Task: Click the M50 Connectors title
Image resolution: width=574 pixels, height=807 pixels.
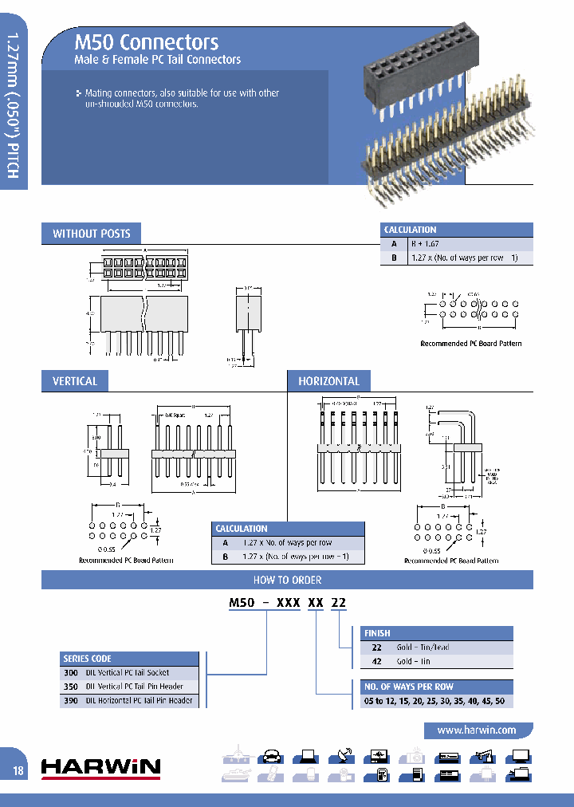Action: click(146, 42)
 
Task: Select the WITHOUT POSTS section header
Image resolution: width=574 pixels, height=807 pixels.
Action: click(91, 234)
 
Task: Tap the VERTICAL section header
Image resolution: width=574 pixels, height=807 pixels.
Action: click(75, 381)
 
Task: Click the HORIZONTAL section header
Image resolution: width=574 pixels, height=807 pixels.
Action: click(328, 381)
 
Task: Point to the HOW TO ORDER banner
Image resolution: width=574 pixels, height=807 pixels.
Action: click(287, 580)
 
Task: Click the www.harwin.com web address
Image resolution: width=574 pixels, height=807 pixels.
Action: click(476, 730)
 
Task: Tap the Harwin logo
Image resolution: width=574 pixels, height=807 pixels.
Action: click(100, 767)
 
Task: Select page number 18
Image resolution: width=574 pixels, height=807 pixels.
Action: click(18, 770)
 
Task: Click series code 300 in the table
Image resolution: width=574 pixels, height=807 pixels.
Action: click(69, 672)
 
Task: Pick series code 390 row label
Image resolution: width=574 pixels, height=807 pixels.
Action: click(69, 700)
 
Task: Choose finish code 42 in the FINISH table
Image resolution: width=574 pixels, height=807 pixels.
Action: click(377, 661)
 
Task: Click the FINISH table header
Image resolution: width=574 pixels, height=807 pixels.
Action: click(378, 633)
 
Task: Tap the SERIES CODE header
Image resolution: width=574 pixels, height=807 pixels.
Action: click(87, 659)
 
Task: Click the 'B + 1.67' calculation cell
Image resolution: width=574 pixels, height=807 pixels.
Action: click(425, 244)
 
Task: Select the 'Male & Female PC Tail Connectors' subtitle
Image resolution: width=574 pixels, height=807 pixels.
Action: click(157, 60)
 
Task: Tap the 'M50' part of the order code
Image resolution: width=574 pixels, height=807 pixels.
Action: click(241, 603)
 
